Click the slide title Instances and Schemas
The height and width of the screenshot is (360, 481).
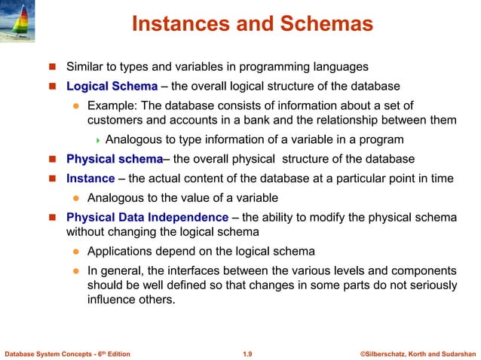pyautogui.click(x=252, y=24)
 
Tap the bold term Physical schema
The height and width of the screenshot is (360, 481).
pyautogui.click(x=115, y=159)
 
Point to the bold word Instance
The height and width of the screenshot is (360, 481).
pyautogui.click(x=90, y=178)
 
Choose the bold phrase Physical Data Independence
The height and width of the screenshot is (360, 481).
pyautogui.click(x=147, y=218)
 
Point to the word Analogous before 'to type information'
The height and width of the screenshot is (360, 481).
pyautogui.click(x=135, y=139)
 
